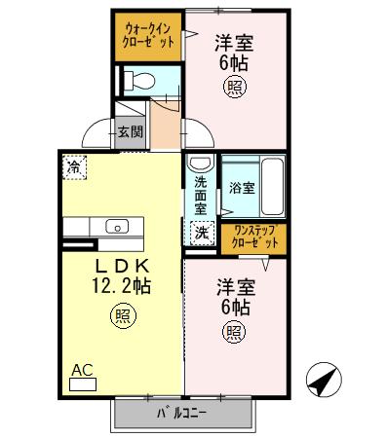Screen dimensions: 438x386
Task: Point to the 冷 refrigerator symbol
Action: (x=75, y=166)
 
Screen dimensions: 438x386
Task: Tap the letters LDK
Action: (x=120, y=265)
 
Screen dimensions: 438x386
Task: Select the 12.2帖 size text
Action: (x=120, y=286)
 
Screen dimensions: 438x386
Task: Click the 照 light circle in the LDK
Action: (x=122, y=315)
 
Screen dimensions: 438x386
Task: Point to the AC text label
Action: (x=83, y=370)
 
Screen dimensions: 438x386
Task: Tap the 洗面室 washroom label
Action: (x=200, y=195)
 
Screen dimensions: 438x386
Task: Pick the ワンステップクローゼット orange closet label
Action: (x=251, y=237)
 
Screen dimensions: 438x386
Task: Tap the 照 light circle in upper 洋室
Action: (x=235, y=85)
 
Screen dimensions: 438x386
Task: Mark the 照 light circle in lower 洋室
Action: (x=235, y=332)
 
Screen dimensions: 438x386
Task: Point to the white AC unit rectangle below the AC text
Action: (x=84, y=384)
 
